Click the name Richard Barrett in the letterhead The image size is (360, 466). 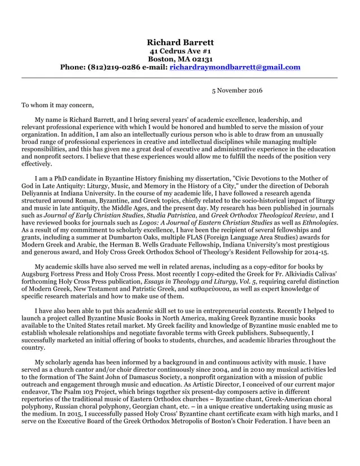(180, 43)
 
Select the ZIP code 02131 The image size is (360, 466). (200, 59)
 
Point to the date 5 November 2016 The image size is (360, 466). (236, 90)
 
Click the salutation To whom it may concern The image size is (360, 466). (58, 105)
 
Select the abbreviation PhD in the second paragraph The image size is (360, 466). (57, 179)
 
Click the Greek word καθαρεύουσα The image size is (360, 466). (227, 289)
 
